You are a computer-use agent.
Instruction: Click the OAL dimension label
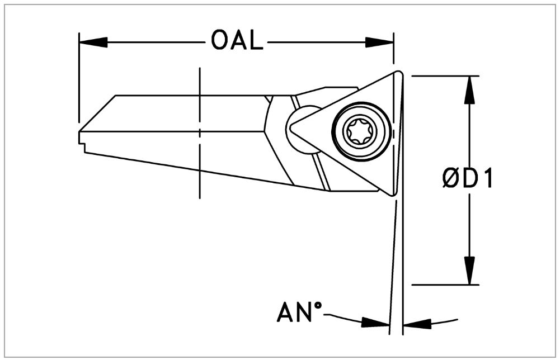pyautogui.click(x=237, y=41)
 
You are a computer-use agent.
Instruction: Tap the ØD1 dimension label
pyautogui.click(x=468, y=179)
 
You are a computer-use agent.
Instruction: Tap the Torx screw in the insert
pyautogui.click(x=360, y=132)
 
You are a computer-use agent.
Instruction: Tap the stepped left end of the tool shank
pyautogui.click(x=82, y=140)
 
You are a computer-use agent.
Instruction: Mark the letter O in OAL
pyautogui.click(x=220, y=41)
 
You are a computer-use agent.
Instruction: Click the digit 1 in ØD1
pyautogui.click(x=486, y=179)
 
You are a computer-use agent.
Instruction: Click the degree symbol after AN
pyautogui.click(x=319, y=306)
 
